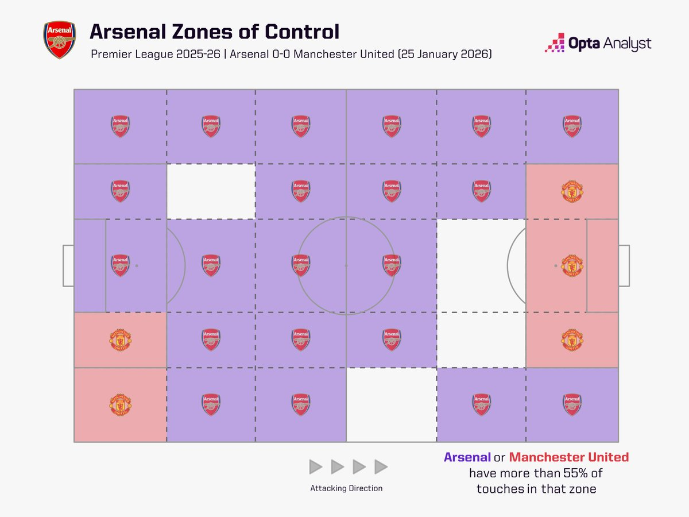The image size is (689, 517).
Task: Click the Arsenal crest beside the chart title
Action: tap(59, 40)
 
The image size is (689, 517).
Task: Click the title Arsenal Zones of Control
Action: tap(214, 32)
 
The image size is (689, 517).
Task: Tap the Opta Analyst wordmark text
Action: tap(610, 43)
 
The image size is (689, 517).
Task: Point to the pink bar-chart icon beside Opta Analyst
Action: tap(555, 43)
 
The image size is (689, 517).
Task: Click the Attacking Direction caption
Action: tap(346, 488)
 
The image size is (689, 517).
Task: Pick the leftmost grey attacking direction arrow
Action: tap(316, 466)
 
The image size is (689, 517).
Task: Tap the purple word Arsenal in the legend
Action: tap(467, 458)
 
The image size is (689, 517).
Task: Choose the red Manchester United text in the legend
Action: tap(568, 458)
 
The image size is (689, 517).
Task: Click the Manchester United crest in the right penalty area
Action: tap(572, 266)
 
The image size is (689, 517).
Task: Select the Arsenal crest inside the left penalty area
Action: tap(120, 266)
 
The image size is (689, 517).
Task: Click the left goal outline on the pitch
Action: tap(68, 266)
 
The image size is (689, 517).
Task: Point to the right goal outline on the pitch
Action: tap(624, 266)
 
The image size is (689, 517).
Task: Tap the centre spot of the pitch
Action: tap(346, 266)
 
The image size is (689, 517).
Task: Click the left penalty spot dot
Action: tap(137, 266)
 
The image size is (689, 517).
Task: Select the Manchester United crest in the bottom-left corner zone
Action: tap(120, 404)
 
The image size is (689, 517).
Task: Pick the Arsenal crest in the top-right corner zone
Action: tap(572, 126)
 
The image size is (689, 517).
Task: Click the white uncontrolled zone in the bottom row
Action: tap(392, 404)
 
